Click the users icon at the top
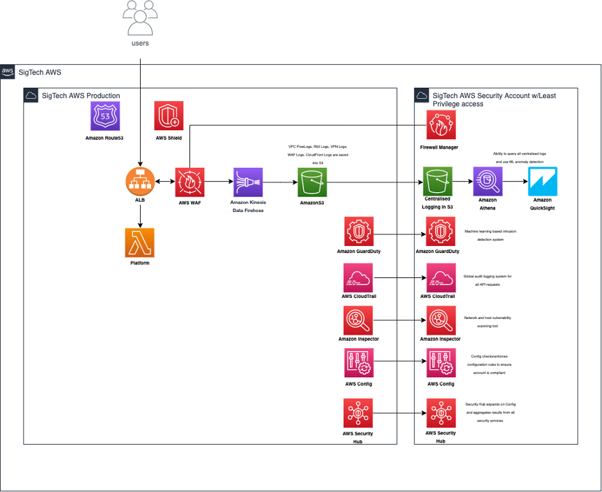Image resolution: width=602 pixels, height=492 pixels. point(140,17)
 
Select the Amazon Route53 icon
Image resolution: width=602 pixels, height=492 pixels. point(105,116)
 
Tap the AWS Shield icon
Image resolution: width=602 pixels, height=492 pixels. point(169,116)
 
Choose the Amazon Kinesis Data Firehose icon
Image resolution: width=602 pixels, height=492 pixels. point(248,182)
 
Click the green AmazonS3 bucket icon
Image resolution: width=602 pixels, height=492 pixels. point(312,182)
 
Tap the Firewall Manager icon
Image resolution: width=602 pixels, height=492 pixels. point(442,125)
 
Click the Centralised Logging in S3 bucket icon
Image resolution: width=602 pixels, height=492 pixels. point(438,182)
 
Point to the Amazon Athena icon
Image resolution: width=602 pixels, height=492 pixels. point(487,182)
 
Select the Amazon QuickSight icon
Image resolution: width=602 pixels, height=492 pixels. point(543,182)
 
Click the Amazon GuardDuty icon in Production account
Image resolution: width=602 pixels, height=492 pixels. point(358,231)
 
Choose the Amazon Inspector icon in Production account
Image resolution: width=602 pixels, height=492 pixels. point(358,320)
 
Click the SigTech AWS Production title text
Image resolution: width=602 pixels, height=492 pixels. point(81,96)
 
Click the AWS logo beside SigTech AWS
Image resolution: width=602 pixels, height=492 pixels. point(8,72)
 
